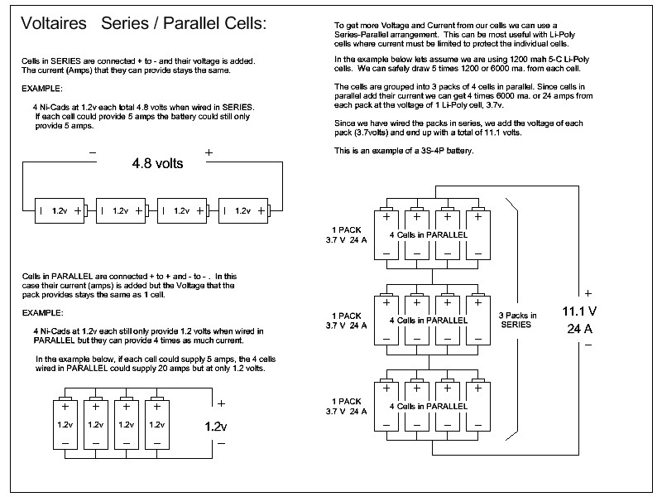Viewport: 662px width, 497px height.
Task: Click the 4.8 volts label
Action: [157, 163]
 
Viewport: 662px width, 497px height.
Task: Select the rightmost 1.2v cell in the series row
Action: [242, 211]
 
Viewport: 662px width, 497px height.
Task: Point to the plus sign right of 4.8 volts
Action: [209, 152]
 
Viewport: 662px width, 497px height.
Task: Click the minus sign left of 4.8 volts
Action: [92, 152]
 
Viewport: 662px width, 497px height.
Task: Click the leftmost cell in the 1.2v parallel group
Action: [65, 424]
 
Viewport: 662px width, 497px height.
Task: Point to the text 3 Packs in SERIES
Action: [517, 320]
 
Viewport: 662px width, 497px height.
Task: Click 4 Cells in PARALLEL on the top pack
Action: [429, 235]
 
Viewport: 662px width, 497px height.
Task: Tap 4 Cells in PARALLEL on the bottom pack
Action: [429, 406]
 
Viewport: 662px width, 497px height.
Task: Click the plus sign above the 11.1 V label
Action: [588, 293]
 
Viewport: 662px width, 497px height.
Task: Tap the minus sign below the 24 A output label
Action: [588, 345]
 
